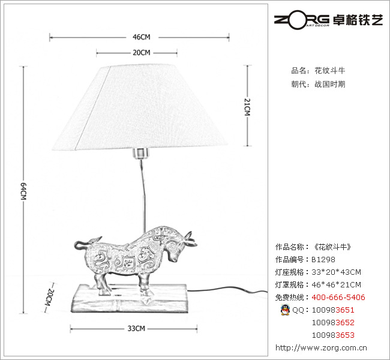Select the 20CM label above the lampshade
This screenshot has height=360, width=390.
(x=141, y=53)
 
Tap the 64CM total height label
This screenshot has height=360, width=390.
(x=23, y=193)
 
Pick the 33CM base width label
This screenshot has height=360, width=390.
(x=136, y=328)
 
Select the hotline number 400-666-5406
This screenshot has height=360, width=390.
(x=338, y=298)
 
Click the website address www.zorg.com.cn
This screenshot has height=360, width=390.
(x=322, y=347)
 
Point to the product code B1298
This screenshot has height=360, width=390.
(x=323, y=260)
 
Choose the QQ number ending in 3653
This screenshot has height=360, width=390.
(x=333, y=335)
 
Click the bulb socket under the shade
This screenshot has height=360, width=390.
(x=140, y=154)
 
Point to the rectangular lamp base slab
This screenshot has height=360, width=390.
(x=128, y=299)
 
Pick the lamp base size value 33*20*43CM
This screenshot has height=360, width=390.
(x=336, y=272)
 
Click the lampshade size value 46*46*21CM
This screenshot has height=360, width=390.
(x=336, y=285)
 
